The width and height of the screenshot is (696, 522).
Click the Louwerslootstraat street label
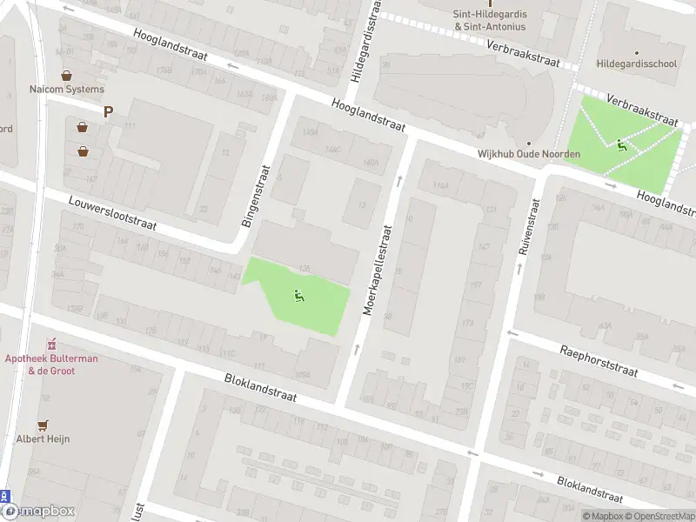(x=113, y=212)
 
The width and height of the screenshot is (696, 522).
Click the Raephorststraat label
(x=599, y=358)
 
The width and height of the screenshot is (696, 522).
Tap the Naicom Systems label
(x=66, y=90)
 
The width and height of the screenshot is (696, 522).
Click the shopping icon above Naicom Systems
(x=66, y=75)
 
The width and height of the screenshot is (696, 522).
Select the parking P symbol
(x=109, y=111)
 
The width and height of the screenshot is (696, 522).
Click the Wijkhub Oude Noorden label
(x=528, y=154)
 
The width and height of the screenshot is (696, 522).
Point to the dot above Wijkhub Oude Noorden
(x=528, y=143)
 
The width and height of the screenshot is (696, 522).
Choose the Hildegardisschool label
(x=637, y=64)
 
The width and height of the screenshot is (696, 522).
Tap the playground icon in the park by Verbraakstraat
(x=621, y=144)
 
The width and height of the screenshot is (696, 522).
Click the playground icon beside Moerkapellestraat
(x=298, y=295)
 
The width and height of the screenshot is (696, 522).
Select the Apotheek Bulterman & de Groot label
(x=51, y=365)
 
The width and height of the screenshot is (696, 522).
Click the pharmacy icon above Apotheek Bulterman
(x=51, y=343)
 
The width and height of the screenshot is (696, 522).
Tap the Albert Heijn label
(x=43, y=438)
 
